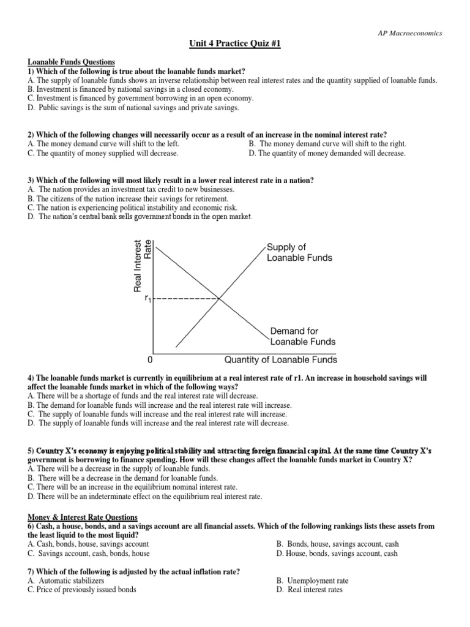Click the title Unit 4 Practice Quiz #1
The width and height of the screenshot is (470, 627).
[x=234, y=47]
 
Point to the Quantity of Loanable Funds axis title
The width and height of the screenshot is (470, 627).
[x=281, y=359]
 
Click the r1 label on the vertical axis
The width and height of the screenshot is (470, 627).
[x=147, y=299]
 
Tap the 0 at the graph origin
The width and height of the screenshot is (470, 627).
[x=149, y=360]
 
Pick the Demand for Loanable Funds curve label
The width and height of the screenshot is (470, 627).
[x=302, y=336]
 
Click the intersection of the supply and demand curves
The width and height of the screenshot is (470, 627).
[x=220, y=298]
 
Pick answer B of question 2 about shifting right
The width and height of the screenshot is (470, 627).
[x=327, y=144]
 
